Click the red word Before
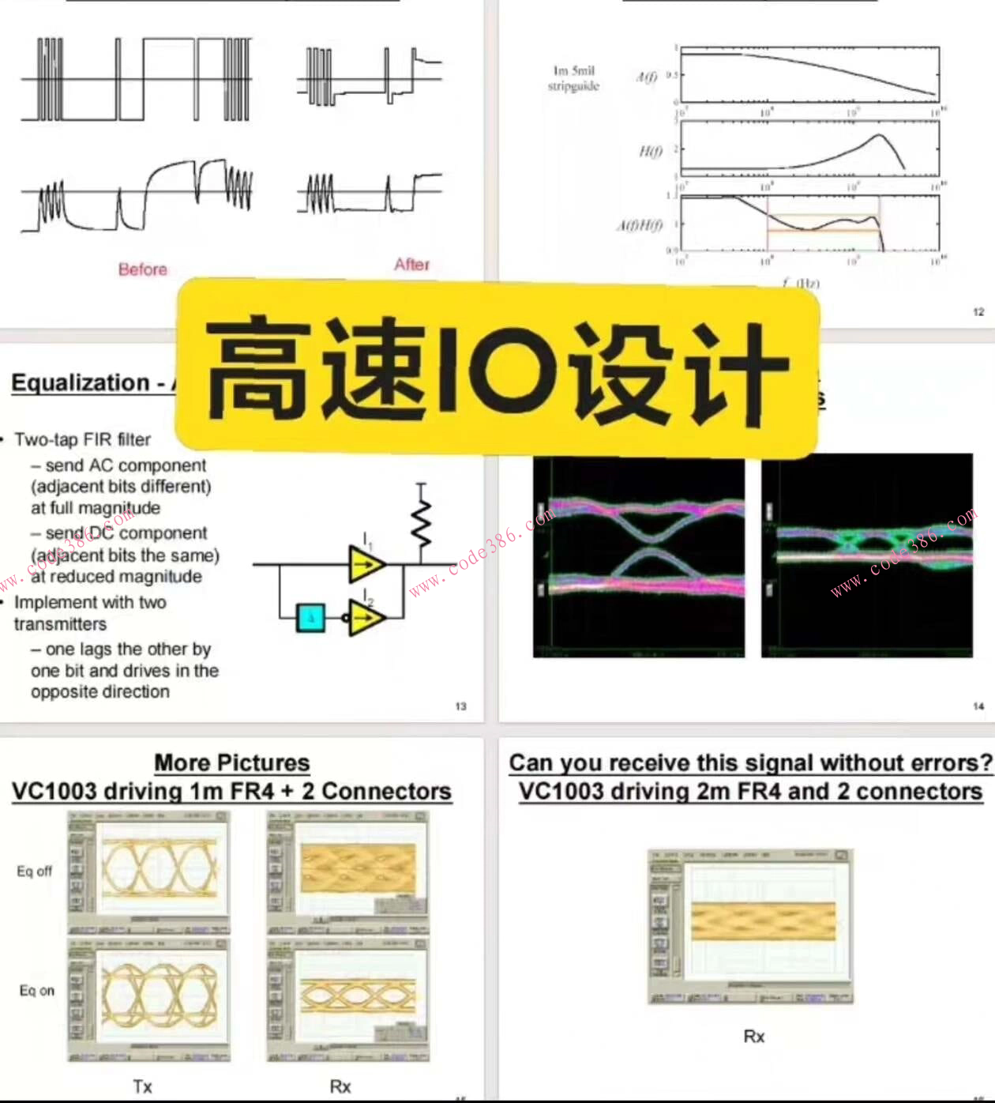tap(143, 269)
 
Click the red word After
tap(412, 265)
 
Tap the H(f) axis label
tap(649, 152)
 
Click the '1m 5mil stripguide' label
tap(574, 78)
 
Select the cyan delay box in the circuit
tap(310, 617)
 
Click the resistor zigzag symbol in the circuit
tap(422, 521)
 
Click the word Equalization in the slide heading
tap(80, 383)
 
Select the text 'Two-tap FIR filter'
tap(82, 439)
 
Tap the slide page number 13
tap(461, 706)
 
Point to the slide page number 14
tap(978, 706)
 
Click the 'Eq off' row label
tap(35, 871)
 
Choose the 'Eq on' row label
tap(36, 991)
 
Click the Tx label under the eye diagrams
tap(142, 1086)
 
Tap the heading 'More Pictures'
tap(231, 762)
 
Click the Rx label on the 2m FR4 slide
tap(754, 1036)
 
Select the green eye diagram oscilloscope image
tap(866, 555)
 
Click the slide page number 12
tap(978, 312)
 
